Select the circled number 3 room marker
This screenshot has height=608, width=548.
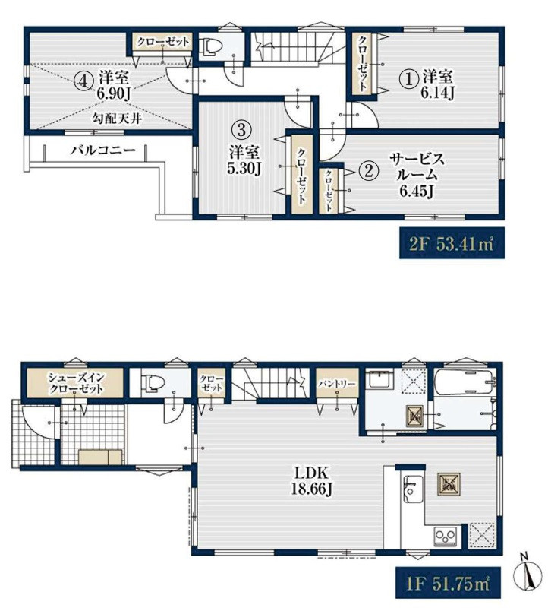click(241, 129)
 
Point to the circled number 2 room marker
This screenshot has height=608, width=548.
click(368, 170)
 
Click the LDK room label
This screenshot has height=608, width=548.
click(312, 473)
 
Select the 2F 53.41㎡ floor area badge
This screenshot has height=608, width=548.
click(452, 244)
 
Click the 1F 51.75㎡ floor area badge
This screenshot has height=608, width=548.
click(448, 584)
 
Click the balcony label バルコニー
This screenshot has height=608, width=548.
click(103, 150)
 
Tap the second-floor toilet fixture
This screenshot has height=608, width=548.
click(212, 46)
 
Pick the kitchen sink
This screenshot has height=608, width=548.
click(413, 489)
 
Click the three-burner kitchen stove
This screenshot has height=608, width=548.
click(446, 537)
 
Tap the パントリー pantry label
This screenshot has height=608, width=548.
click(337, 384)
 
